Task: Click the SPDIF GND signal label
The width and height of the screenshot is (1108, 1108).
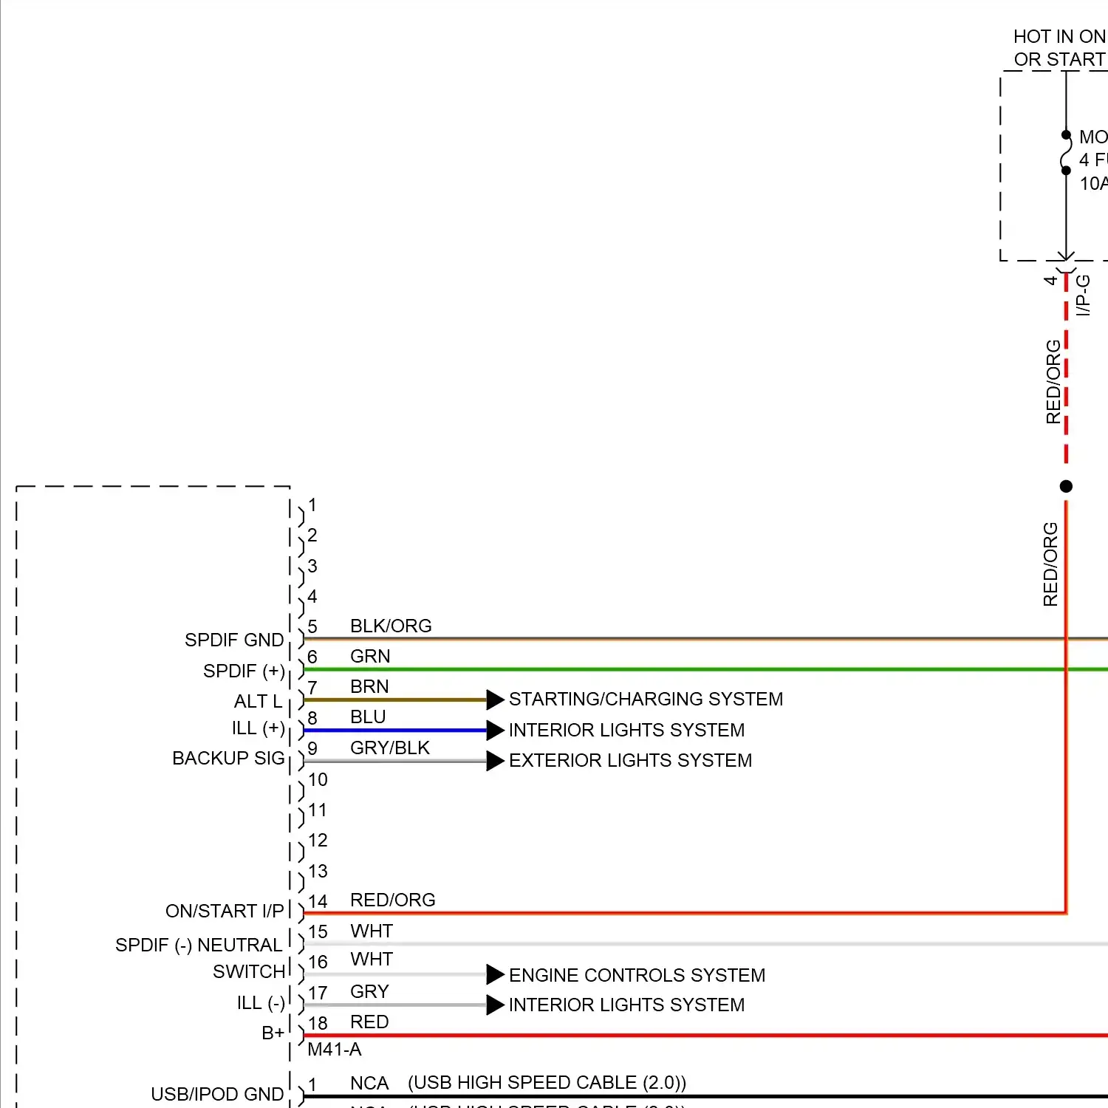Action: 233,640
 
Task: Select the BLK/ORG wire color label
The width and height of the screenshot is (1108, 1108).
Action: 391,626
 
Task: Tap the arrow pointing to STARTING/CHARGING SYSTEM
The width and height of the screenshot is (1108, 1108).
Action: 495,700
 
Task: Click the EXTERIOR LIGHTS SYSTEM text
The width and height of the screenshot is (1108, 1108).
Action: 630,760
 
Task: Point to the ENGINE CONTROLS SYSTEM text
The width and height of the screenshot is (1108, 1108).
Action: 637,975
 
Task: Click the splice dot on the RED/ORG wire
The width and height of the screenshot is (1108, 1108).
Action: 1066,486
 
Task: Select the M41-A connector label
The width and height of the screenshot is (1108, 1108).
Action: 334,1049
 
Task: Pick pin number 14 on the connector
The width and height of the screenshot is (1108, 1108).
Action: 318,901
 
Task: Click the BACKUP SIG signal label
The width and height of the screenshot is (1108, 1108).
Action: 228,759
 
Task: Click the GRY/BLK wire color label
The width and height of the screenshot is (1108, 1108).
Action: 389,748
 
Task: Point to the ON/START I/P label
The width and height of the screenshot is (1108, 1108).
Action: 225,911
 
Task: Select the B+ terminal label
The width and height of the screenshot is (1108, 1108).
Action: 273,1033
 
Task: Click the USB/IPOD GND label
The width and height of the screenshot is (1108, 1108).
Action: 217,1094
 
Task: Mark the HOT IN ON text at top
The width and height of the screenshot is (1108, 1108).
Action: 1059,37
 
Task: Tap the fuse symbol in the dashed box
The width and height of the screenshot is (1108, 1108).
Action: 1065,154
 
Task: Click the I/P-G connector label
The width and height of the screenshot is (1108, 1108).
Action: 1083,295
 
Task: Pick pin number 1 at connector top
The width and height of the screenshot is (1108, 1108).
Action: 312,505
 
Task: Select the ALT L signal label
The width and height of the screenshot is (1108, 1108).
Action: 258,701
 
